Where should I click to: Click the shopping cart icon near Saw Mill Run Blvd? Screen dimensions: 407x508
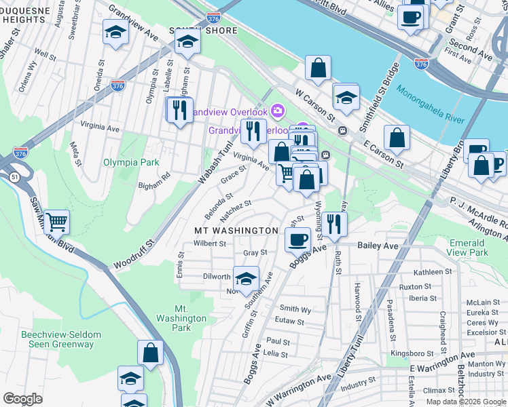coord(56,221)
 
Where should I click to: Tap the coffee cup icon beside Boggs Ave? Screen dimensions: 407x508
coord(297,239)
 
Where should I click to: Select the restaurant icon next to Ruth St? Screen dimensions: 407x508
coord(333,223)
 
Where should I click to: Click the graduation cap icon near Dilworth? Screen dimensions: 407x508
coord(246,277)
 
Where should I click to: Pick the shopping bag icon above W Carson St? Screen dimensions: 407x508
coord(318,68)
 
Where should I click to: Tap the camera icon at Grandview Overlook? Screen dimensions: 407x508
coord(277,110)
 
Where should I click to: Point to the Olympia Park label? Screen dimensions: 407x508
coord(130,162)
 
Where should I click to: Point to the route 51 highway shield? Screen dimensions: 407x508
coord(14,177)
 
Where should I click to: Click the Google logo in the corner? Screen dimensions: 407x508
coord(22,398)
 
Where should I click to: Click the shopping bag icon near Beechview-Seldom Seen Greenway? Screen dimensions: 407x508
coord(150,352)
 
